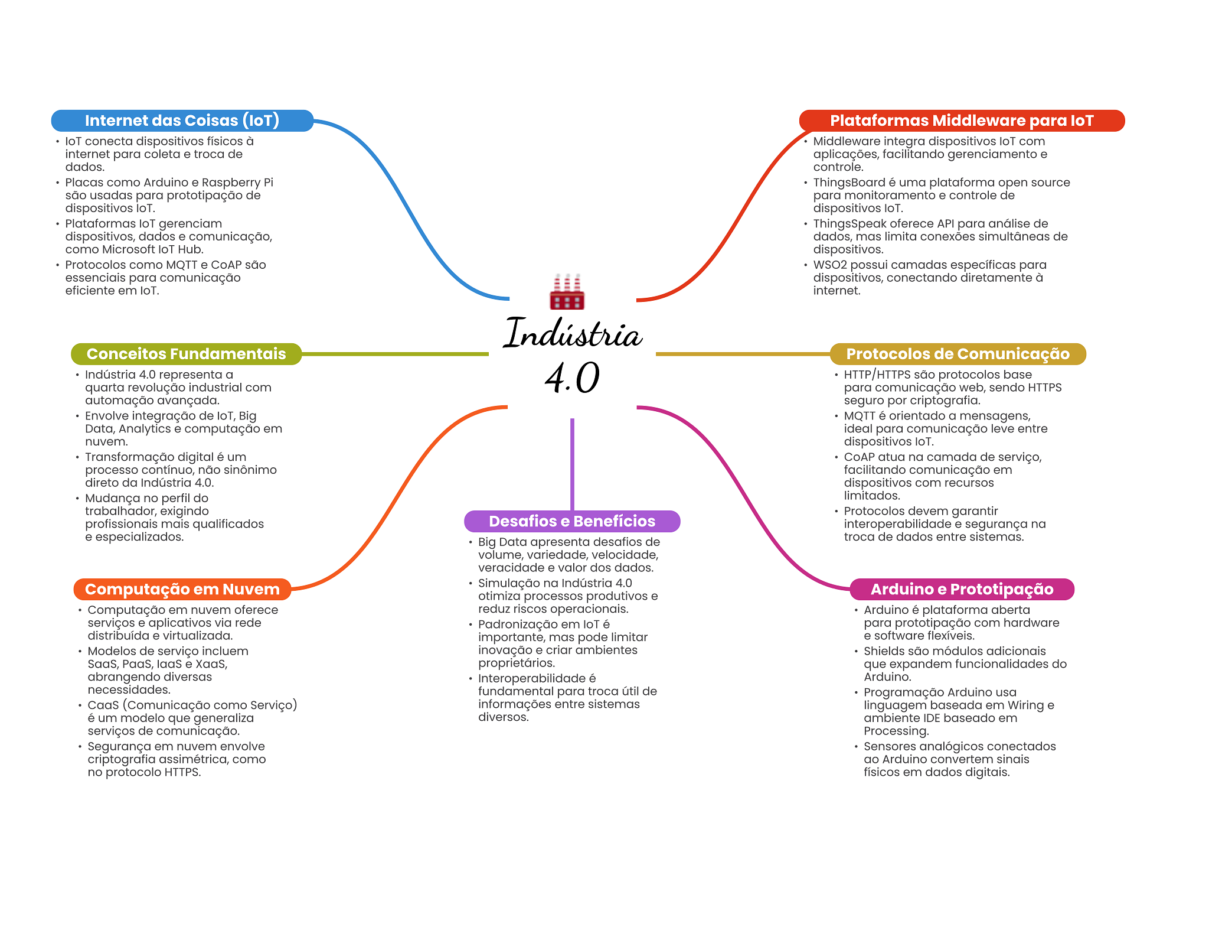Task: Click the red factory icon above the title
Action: [x=567, y=291]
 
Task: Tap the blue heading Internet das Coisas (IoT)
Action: [x=182, y=121]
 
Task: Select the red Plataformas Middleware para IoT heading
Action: [x=962, y=121]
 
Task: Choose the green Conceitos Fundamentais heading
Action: [x=187, y=354]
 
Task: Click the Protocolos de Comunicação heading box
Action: [x=958, y=354]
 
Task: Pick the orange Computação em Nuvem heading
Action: [x=182, y=589]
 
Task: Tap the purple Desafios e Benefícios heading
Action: [x=572, y=521]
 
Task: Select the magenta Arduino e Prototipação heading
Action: [x=962, y=589]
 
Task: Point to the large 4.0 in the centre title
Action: [x=572, y=378]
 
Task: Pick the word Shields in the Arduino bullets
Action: [x=884, y=651]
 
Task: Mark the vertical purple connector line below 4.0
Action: [x=572, y=464]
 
